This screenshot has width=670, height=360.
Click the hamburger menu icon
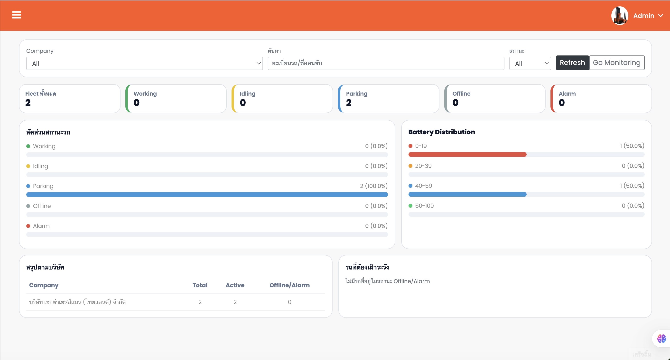tap(16, 15)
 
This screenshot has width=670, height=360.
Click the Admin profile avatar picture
tap(620, 16)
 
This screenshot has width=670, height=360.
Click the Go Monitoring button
tap(616, 63)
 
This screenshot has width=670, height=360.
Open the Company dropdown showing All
tap(144, 63)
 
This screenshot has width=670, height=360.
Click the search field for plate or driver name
tap(386, 63)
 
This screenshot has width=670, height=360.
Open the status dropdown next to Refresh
tap(530, 63)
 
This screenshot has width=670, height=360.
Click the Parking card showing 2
tap(388, 99)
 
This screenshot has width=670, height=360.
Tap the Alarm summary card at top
tap(601, 99)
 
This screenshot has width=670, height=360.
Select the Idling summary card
tap(282, 99)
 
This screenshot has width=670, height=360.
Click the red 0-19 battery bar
tap(467, 155)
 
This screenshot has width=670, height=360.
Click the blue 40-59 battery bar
tap(467, 194)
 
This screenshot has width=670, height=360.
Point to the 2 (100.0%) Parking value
tap(373, 186)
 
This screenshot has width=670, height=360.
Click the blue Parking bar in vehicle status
tap(207, 195)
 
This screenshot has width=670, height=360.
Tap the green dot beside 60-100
tap(410, 206)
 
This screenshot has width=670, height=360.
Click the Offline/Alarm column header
tap(289, 285)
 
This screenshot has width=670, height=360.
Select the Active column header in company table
tap(235, 285)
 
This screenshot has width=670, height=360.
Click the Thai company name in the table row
tap(77, 302)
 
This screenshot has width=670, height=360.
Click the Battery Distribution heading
tap(441, 132)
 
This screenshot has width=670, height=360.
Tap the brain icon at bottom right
tap(661, 338)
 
